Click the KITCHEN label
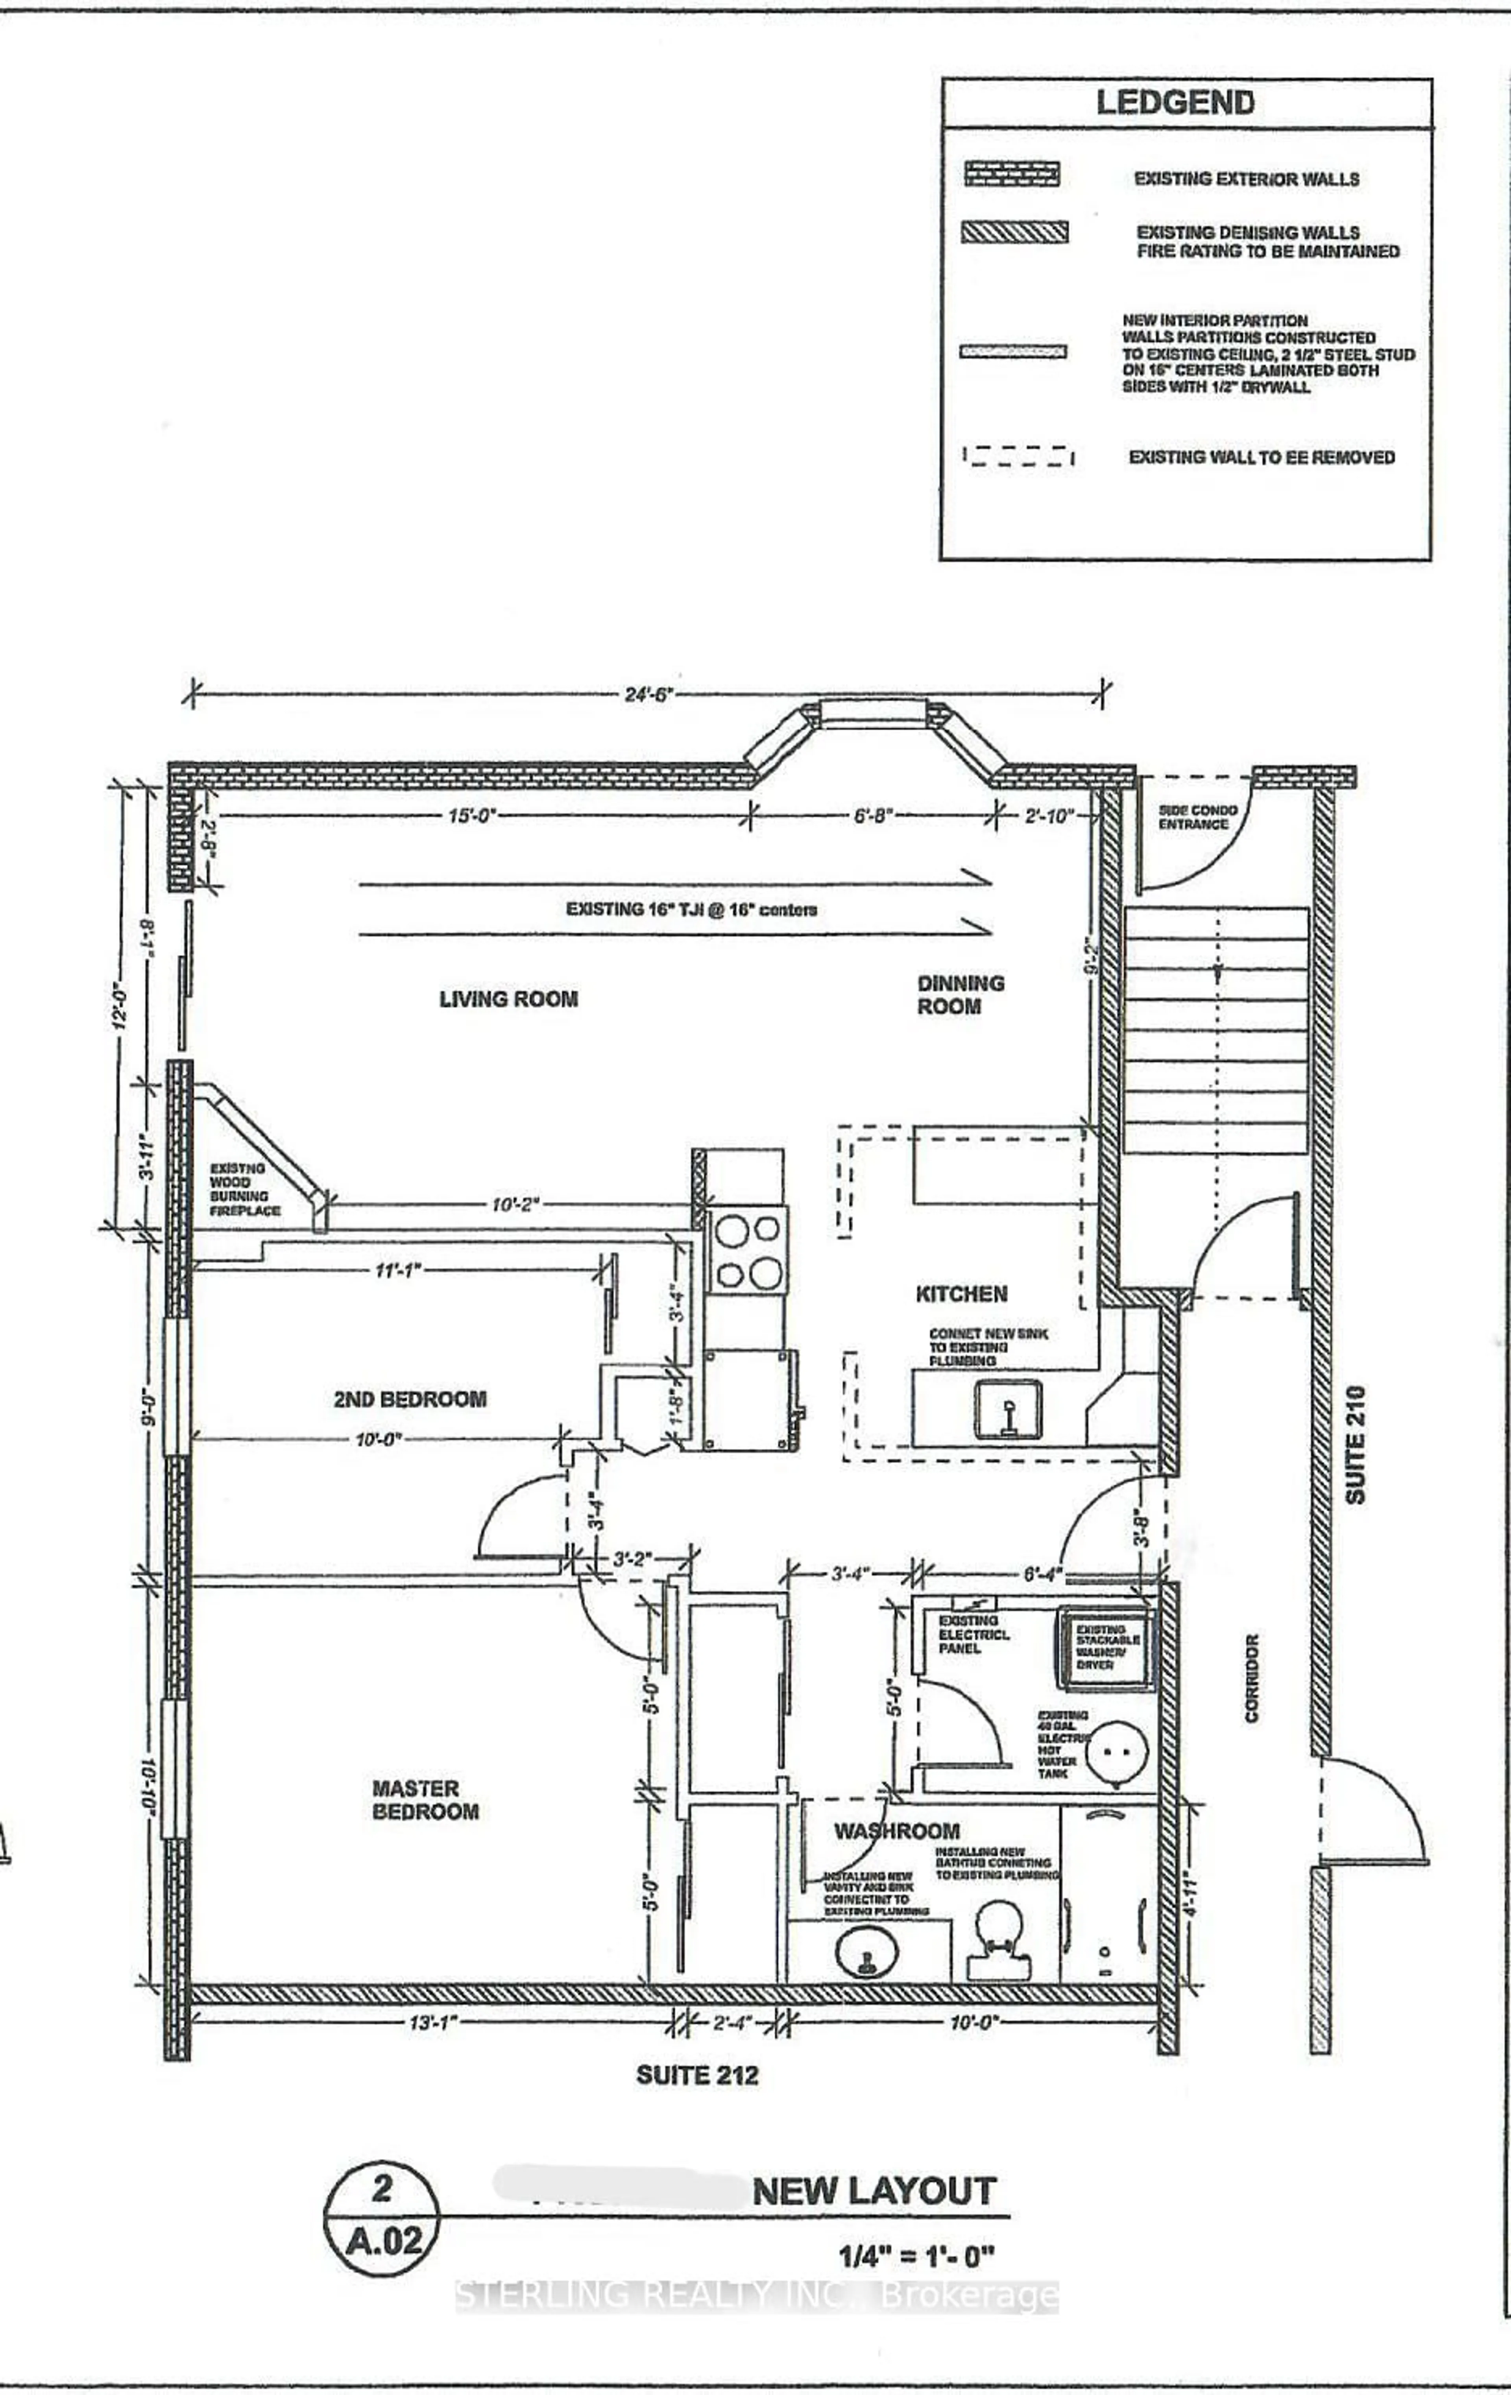[x=961, y=1294]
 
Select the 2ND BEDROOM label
[x=410, y=1399]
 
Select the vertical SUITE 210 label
[x=1356, y=1444]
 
